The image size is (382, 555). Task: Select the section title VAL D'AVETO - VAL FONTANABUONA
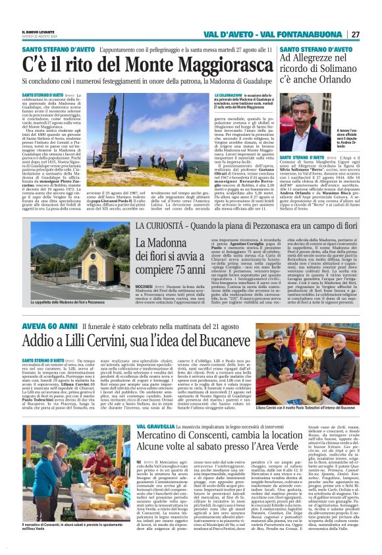pyautogui.click(x=281, y=34)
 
